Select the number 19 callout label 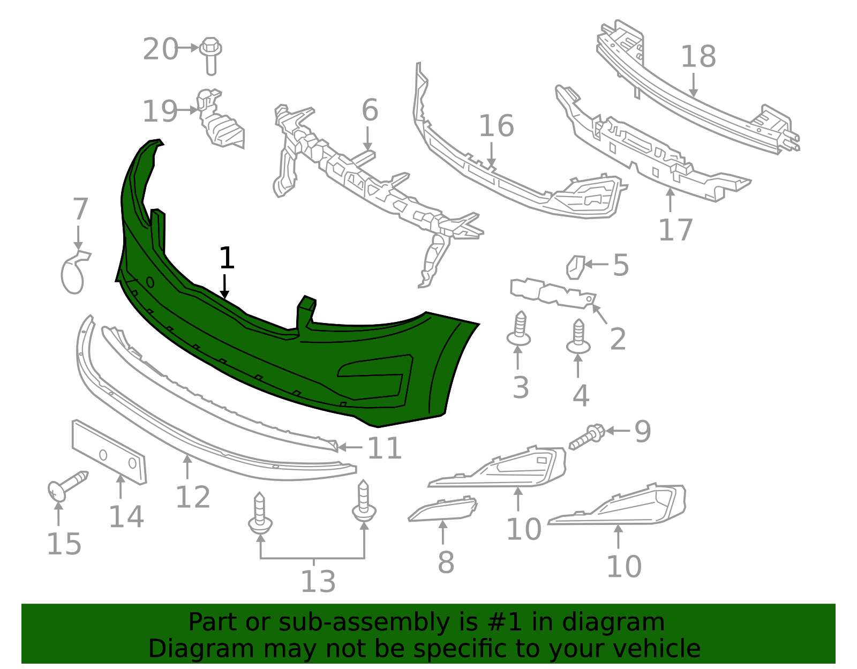coord(159,111)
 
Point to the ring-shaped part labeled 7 coord(74,272)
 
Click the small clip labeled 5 coord(575,267)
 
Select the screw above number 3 coord(519,329)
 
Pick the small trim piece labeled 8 coord(443,509)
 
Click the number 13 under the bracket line coord(318,582)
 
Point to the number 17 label coord(675,229)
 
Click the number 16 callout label coord(496,126)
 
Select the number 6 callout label coord(370,110)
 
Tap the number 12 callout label coord(193,497)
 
